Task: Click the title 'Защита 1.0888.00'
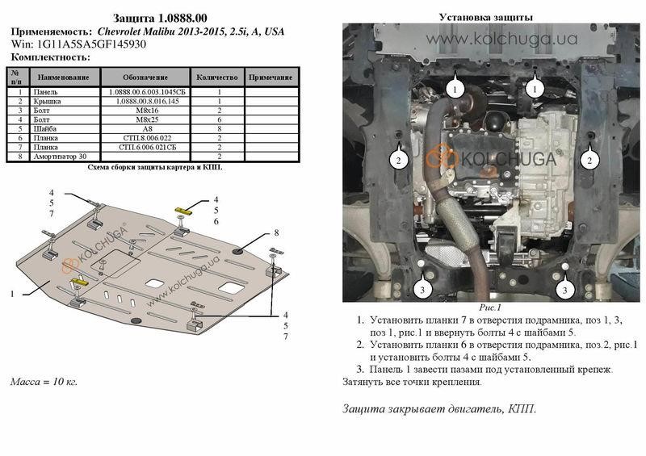pos(160,18)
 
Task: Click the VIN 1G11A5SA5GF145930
pos(90,44)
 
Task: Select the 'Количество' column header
pos(217,77)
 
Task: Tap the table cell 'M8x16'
pos(147,111)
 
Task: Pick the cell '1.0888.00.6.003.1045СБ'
pos(147,92)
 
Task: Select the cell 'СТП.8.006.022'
pos(147,138)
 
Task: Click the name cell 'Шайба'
pos(45,129)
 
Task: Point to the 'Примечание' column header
pos(271,77)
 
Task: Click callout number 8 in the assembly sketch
pos(276,232)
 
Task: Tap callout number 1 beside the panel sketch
pos(12,294)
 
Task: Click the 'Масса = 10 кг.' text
pos(44,382)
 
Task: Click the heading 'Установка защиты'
pos(486,17)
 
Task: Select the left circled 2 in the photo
pos(398,161)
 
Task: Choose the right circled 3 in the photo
pos(564,290)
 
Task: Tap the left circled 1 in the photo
pos(455,89)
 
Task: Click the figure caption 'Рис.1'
pos(490,307)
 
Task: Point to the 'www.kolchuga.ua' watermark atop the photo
pos(501,39)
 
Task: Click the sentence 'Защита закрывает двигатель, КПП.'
pos(439,408)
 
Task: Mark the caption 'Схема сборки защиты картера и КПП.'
pos(155,167)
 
